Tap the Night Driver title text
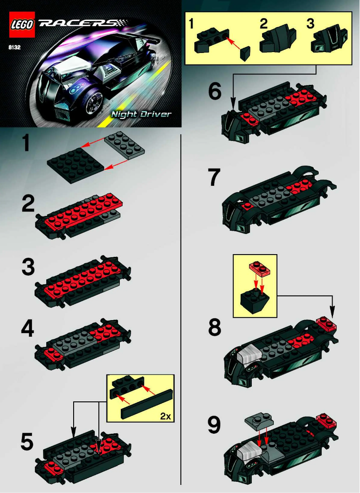pyautogui.click(x=141, y=114)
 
